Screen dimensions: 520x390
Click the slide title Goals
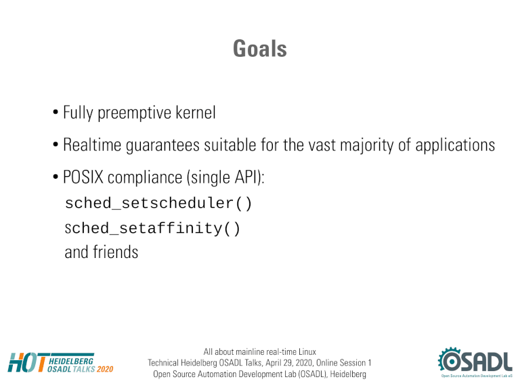pos(260,49)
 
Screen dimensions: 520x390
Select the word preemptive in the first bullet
pos(133,113)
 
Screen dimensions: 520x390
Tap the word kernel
pos(195,112)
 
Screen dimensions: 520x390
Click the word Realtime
pos(92,145)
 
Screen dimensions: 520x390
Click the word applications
pos(455,146)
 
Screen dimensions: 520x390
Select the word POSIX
pos(83,177)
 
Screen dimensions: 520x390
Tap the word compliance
pos(145,178)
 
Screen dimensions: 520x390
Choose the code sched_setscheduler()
pos(158,203)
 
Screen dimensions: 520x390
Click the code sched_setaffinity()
pos(152,228)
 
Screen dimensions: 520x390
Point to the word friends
pos(115,252)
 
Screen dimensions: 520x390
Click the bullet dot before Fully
pos(56,112)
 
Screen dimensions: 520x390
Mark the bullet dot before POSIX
pos(56,177)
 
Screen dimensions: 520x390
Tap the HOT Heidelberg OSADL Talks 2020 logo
pos(60,363)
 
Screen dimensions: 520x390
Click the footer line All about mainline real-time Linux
pos(260,351)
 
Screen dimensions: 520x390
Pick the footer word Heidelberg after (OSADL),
pos(348,374)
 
